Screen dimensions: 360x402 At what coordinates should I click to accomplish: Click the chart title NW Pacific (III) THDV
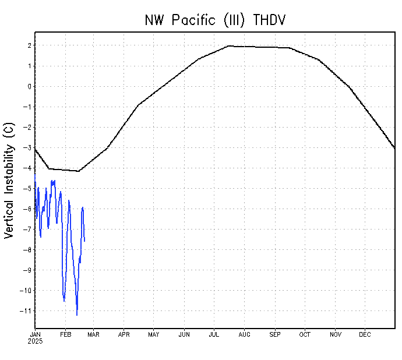click(215, 20)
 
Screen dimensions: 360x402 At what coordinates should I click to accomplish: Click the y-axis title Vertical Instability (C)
click(9, 183)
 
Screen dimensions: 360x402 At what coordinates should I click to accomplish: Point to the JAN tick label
click(35, 334)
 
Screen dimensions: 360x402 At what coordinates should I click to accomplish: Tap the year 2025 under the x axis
click(35, 341)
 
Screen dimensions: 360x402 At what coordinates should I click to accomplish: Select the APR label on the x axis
click(124, 334)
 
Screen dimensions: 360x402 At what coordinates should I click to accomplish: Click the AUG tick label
click(244, 334)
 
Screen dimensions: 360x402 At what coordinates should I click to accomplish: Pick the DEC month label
click(365, 334)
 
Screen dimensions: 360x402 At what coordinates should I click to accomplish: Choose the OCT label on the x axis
click(305, 334)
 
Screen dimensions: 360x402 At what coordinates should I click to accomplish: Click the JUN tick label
click(184, 334)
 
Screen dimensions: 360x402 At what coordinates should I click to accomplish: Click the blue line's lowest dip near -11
click(77, 315)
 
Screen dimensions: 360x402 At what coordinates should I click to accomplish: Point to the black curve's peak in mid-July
click(229, 45)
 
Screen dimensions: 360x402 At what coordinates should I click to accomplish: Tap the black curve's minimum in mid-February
click(78, 171)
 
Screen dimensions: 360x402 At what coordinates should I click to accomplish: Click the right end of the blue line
click(84, 241)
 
